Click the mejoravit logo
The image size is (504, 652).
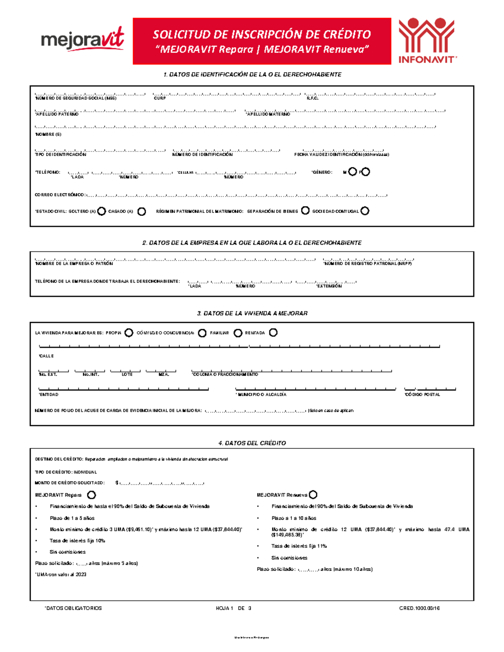pyautogui.click(x=82, y=40)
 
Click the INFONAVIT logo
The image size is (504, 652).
pyautogui.click(x=427, y=41)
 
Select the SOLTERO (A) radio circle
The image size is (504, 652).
pyautogui.click(x=101, y=211)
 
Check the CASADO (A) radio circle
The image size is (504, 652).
pyautogui.click(x=142, y=211)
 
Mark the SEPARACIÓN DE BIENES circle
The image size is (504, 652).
pyautogui.click(x=305, y=210)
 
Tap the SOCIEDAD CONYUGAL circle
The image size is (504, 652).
pyautogui.click(x=365, y=211)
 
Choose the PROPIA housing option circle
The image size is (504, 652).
pyautogui.click(x=129, y=333)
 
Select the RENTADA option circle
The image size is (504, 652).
pyautogui.click(x=273, y=333)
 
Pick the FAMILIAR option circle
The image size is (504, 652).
pyautogui.click(x=238, y=333)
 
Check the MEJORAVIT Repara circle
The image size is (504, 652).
pyautogui.click(x=91, y=495)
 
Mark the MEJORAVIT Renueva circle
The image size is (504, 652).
pyautogui.click(x=313, y=495)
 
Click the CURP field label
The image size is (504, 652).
pyautogui.click(x=160, y=98)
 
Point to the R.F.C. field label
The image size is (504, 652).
pyautogui.click(x=312, y=98)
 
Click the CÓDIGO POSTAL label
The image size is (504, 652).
pyautogui.click(x=423, y=395)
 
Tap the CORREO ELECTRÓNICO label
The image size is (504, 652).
pyautogui.click(x=60, y=195)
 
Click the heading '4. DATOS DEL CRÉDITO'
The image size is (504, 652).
pyautogui.click(x=252, y=443)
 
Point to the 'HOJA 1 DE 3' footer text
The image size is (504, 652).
pyautogui.click(x=234, y=608)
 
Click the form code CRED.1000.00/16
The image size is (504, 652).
pyautogui.click(x=419, y=608)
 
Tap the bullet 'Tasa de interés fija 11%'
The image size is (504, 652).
pyautogui.click(x=299, y=546)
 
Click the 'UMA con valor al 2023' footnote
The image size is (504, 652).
pyautogui.click(x=61, y=574)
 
